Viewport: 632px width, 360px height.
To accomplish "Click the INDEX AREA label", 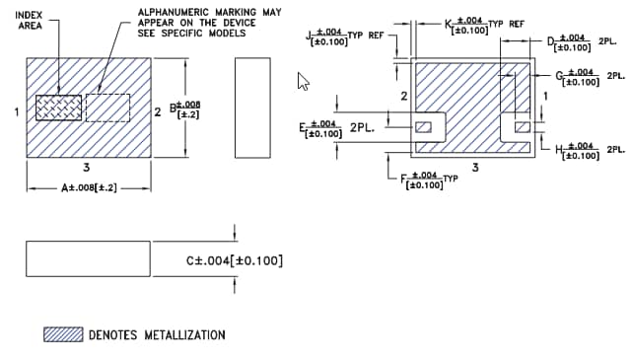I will (31, 21).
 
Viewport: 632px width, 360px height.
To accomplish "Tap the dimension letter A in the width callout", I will (66, 186).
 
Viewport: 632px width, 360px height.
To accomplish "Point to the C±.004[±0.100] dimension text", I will (235, 260).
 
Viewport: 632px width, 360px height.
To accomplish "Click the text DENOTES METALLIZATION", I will (157, 334).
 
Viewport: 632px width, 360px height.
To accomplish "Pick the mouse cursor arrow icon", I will (304, 82).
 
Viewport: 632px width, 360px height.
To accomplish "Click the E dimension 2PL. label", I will (338, 127).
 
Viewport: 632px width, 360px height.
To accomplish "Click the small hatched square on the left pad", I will (425, 126).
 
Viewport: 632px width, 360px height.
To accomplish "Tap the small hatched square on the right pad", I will (522, 126).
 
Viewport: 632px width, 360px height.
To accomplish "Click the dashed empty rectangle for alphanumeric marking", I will (107, 108).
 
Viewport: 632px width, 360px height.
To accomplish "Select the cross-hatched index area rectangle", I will (60, 108).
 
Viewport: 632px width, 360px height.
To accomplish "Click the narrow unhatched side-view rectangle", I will (252, 107).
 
